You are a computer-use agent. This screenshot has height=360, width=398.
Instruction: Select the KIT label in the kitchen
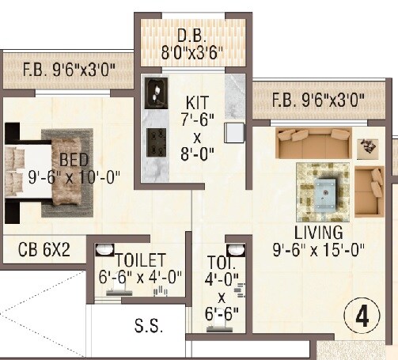tap(197, 102)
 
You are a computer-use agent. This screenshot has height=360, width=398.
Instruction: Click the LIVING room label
tap(318, 233)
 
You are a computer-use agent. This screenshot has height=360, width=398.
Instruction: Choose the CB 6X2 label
tap(44, 250)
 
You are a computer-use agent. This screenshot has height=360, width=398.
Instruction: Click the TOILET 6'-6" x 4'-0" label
tap(138, 268)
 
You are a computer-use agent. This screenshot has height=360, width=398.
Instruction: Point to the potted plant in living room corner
tap(366, 146)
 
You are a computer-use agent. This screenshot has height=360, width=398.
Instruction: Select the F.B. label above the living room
tap(318, 100)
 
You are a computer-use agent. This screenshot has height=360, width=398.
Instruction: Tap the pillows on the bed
tap(15, 166)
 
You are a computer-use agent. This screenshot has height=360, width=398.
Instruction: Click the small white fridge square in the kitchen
tap(233, 132)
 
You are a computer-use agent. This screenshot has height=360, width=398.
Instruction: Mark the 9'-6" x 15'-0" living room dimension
tap(319, 251)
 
